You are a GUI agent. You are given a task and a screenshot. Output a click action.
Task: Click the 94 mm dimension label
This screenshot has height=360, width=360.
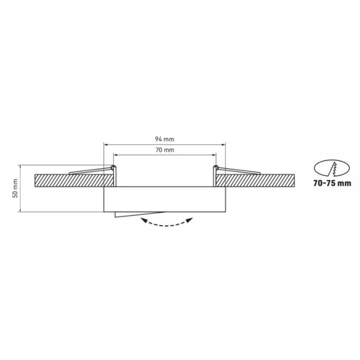[165, 139]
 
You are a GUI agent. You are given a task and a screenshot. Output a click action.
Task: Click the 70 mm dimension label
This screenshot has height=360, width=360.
[165, 150]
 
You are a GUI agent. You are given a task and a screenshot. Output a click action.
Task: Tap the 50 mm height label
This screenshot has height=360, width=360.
[15, 188]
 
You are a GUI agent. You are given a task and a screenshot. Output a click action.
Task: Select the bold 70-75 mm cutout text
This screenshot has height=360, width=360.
[332, 183]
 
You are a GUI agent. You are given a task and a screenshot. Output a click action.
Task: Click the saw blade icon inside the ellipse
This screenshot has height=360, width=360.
[332, 169]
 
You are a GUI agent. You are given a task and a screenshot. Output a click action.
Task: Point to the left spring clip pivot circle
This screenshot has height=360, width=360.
[112, 167]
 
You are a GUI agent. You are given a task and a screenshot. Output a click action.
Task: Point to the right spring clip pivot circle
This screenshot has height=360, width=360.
[216, 167]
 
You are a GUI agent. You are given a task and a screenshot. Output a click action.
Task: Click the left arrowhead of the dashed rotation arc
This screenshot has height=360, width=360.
[144, 220]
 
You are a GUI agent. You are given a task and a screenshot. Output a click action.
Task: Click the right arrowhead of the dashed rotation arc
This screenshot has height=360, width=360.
[189, 220]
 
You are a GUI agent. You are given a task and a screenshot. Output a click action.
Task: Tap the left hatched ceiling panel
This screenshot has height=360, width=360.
[74, 181]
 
